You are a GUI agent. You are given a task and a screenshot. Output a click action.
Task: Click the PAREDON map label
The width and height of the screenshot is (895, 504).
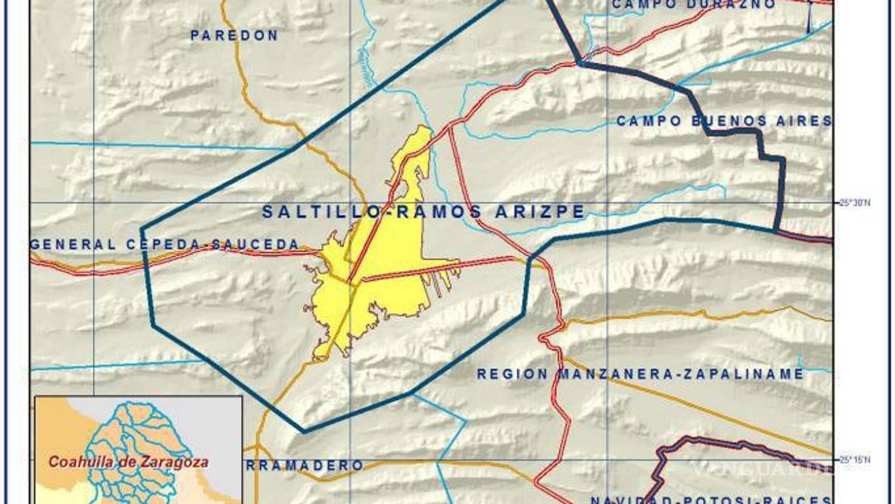(234, 36)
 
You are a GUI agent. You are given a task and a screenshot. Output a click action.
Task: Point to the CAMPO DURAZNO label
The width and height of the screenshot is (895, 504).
(693, 5)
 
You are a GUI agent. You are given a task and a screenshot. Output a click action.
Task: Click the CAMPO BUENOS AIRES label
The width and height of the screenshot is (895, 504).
(723, 121)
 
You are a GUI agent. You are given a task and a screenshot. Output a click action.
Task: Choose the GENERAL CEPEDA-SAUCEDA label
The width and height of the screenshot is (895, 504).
(165, 244)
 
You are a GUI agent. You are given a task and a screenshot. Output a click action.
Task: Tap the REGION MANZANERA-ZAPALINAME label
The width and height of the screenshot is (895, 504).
(640, 374)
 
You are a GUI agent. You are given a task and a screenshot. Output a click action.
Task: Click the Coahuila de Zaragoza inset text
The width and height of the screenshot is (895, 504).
(128, 461)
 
